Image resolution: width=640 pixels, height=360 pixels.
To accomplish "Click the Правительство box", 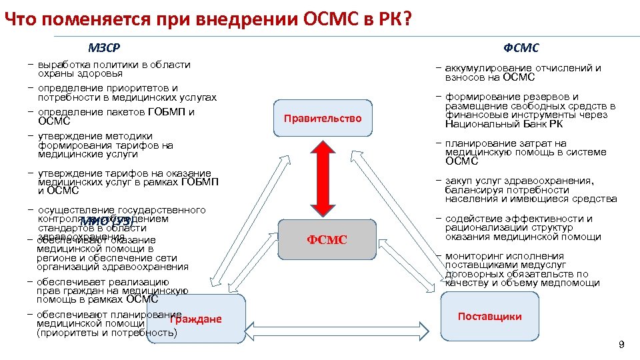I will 323,118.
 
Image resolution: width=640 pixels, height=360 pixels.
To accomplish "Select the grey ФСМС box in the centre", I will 327,239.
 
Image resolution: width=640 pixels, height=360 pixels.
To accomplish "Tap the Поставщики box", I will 489,317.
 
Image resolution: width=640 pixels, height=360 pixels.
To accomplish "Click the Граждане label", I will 195,319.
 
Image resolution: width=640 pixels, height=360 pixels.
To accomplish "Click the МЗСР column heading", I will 105,48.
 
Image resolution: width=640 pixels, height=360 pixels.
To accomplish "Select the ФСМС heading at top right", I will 521,48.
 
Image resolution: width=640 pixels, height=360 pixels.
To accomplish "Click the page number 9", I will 621,345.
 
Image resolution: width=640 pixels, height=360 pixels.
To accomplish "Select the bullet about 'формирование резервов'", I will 530,110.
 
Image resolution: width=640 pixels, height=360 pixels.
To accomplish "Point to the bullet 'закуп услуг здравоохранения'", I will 530,189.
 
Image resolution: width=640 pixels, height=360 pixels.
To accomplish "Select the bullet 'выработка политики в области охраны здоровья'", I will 113,69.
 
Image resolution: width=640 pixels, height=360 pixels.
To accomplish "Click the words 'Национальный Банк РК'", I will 503,124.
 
